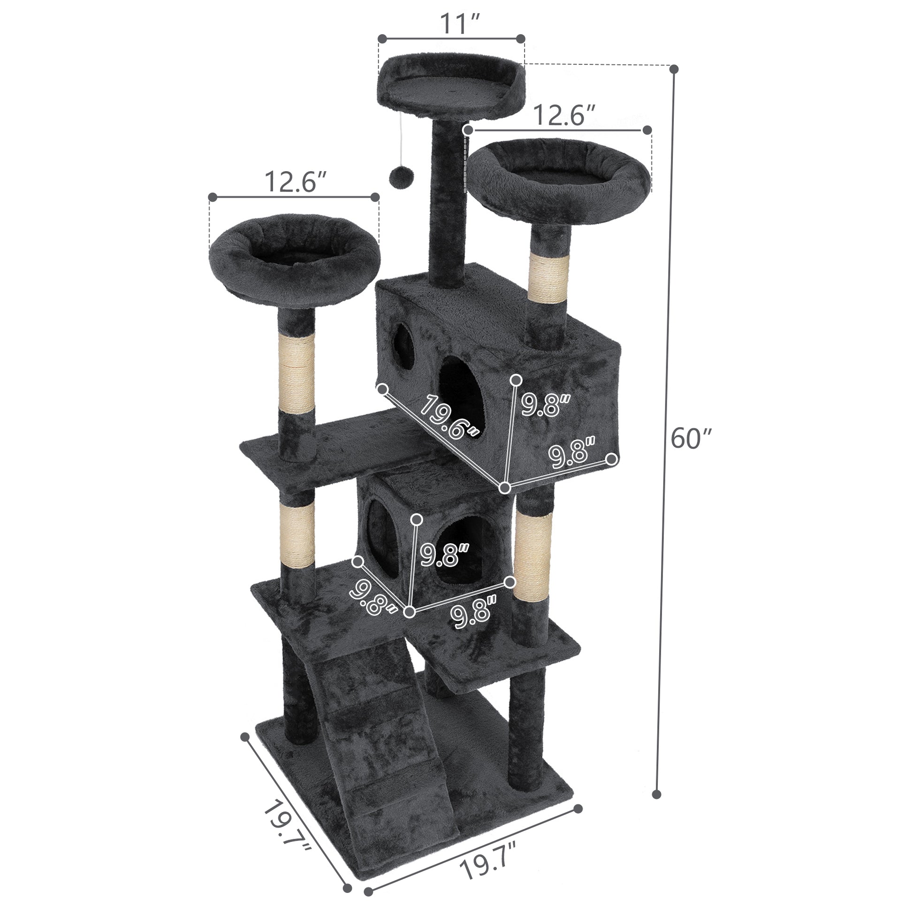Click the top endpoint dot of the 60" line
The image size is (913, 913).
click(674, 69)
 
